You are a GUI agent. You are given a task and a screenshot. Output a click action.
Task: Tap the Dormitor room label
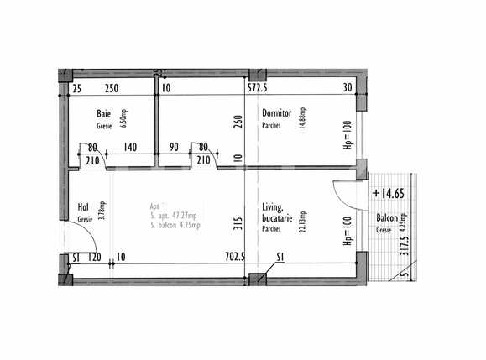[278, 114]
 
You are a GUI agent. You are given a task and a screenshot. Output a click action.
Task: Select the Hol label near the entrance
[83, 206]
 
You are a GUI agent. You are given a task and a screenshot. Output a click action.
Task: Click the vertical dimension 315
[238, 222]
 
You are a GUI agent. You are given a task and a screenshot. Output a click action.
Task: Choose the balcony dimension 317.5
[404, 244]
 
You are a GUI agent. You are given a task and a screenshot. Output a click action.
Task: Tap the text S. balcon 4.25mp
[179, 225]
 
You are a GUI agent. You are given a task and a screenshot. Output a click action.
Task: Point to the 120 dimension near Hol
[95, 258]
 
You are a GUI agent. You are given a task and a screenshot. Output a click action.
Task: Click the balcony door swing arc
[341, 196]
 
